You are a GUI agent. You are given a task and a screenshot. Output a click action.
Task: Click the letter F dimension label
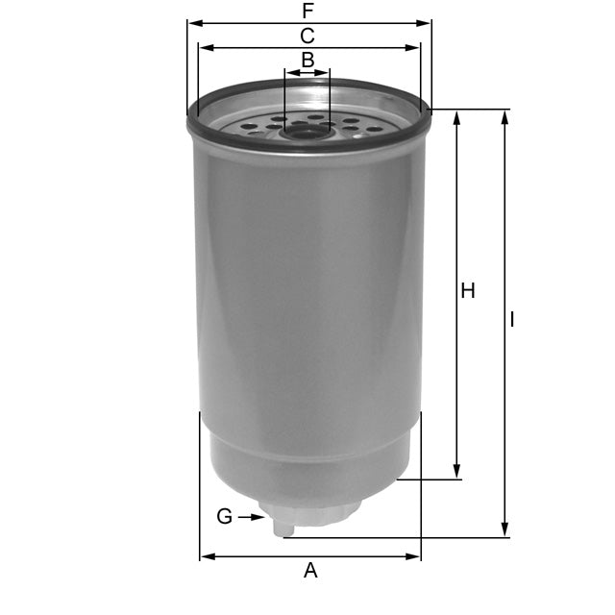[x=307, y=12]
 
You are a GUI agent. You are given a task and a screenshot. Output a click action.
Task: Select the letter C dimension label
[x=307, y=37]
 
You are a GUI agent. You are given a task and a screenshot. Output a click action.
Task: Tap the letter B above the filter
[x=307, y=60]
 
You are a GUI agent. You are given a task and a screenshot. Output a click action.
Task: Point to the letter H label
[x=468, y=291]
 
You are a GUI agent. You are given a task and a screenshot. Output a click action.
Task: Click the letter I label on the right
[x=512, y=319]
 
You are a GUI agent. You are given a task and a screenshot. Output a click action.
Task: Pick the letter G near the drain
[x=224, y=517]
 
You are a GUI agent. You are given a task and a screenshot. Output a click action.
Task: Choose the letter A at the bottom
[x=309, y=571]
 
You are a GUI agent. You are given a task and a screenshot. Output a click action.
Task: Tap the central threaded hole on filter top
[x=307, y=130]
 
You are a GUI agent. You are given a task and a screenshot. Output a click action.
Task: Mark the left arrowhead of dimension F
[x=193, y=23]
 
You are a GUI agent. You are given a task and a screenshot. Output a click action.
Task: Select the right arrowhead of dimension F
[x=426, y=23]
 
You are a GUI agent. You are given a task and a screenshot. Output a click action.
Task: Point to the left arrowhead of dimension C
[x=204, y=47]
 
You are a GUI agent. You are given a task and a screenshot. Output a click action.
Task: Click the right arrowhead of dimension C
[x=414, y=47]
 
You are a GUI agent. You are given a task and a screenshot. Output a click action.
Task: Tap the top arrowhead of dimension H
[x=455, y=116]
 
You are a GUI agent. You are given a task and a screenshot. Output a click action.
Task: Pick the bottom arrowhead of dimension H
[x=455, y=472]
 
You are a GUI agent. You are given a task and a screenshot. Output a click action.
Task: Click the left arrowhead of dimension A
[x=206, y=556]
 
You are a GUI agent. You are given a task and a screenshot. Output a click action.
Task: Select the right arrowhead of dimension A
[x=414, y=556]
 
